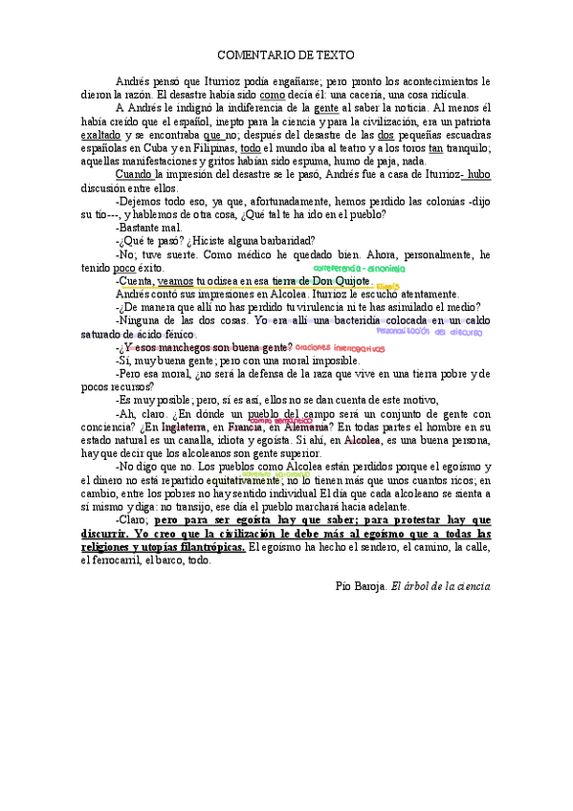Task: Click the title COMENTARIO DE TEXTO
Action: tap(286, 57)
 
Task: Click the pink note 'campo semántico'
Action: tap(282, 420)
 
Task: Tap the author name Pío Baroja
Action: tap(359, 584)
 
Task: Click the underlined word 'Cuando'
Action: tap(133, 176)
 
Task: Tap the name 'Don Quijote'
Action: tap(334, 281)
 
